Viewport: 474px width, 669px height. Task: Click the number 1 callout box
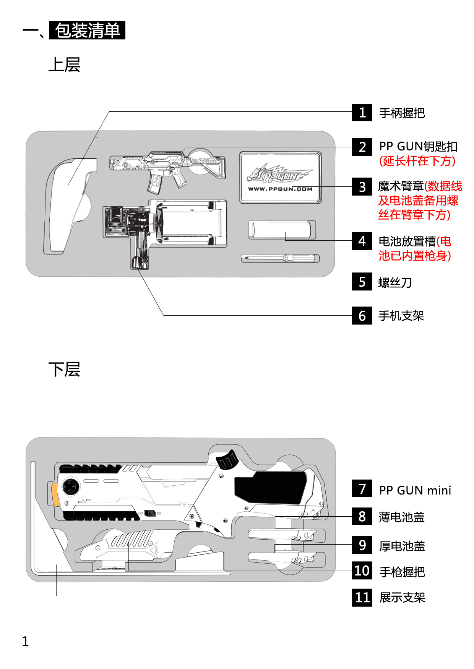(x=362, y=113)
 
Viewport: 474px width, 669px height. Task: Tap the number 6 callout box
(x=362, y=315)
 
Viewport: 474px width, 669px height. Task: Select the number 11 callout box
(x=362, y=597)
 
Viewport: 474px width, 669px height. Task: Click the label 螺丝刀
(x=395, y=282)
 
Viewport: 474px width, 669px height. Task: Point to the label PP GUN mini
(x=415, y=490)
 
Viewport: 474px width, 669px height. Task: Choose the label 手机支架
(x=401, y=316)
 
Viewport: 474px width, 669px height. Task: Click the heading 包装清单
(x=87, y=30)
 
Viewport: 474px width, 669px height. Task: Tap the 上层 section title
(x=64, y=65)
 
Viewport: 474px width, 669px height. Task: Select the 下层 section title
(x=64, y=369)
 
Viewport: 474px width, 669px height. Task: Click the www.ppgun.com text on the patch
(x=280, y=189)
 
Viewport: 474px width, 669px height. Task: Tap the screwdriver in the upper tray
(x=280, y=258)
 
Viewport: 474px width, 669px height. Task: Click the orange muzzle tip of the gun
(x=55, y=494)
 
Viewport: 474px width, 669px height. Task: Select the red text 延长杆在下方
(x=417, y=161)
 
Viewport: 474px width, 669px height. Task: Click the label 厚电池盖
(x=402, y=546)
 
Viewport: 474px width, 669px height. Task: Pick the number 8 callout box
(x=362, y=516)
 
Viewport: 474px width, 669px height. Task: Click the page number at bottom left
(x=25, y=641)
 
